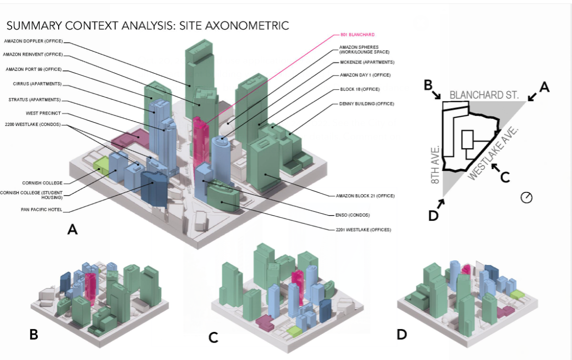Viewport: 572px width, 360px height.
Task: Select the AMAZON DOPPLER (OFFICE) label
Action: click(x=33, y=42)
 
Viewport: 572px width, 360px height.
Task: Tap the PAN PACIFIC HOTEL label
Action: click(x=42, y=210)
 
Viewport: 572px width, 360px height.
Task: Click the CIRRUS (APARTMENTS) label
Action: click(x=37, y=84)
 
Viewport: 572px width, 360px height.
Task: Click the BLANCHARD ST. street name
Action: click(x=484, y=95)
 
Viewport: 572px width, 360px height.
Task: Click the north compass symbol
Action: click(x=526, y=197)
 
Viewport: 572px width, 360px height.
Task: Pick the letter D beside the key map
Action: click(x=433, y=215)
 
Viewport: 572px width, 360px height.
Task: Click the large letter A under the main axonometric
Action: click(x=72, y=229)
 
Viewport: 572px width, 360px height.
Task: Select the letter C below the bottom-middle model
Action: click(x=214, y=338)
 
